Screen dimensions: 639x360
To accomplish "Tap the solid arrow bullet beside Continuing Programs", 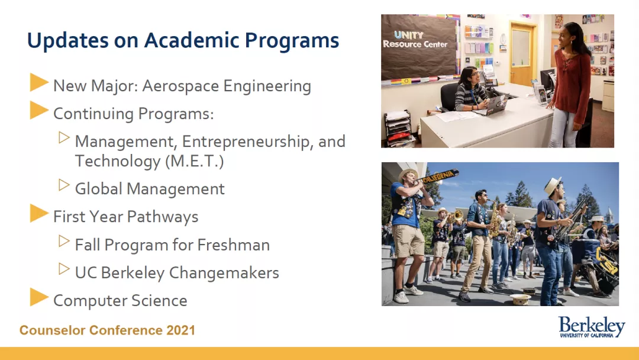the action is pyautogui.click(x=39, y=110).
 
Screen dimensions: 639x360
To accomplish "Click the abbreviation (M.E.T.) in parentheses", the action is pyautogui.click(x=195, y=161).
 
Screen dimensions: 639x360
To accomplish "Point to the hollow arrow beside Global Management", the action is pyautogui.click(x=64, y=185).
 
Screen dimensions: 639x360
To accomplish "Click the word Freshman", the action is pyautogui.click(x=234, y=245).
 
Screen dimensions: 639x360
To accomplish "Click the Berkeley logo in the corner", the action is pyautogui.click(x=592, y=327).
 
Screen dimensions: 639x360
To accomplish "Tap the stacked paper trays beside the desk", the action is pyautogui.click(x=398, y=127).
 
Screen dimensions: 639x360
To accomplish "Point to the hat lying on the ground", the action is pyautogui.click(x=520, y=299).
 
